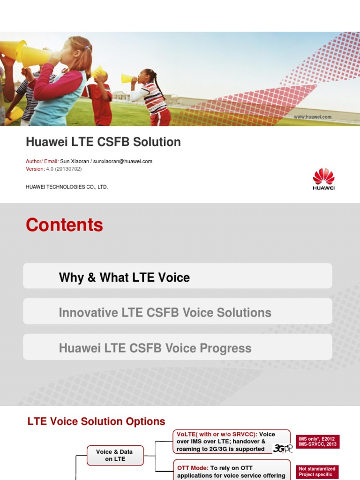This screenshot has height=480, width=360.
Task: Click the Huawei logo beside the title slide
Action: tap(323, 179)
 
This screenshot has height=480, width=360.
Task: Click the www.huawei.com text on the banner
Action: tap(313, 117)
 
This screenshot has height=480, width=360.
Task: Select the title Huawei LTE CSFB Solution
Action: tap(103, 142)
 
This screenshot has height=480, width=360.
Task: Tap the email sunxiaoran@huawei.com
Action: tap(123, 161)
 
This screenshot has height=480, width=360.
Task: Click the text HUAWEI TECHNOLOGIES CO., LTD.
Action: tap(67, 187)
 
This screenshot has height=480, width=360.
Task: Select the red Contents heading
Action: tap(64, 225)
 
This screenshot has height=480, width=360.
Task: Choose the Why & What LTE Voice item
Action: tap(124, 277)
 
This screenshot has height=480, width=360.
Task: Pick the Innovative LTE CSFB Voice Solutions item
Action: tap(165, 313)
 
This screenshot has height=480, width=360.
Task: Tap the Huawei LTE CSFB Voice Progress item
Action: tap(155, 348)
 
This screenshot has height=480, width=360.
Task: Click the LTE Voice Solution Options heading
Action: tap(97, 421)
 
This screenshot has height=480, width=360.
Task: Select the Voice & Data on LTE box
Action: tap(114, 455)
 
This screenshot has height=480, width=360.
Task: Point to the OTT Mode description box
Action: tap(232, 472)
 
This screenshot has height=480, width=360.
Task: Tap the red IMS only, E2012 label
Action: tap(317, 442)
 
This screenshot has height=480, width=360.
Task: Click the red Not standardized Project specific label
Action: tap(317, 472)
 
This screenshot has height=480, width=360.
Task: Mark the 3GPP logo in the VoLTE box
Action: tap(282, 449)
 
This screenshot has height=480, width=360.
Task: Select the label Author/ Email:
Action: tap(42, 161)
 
